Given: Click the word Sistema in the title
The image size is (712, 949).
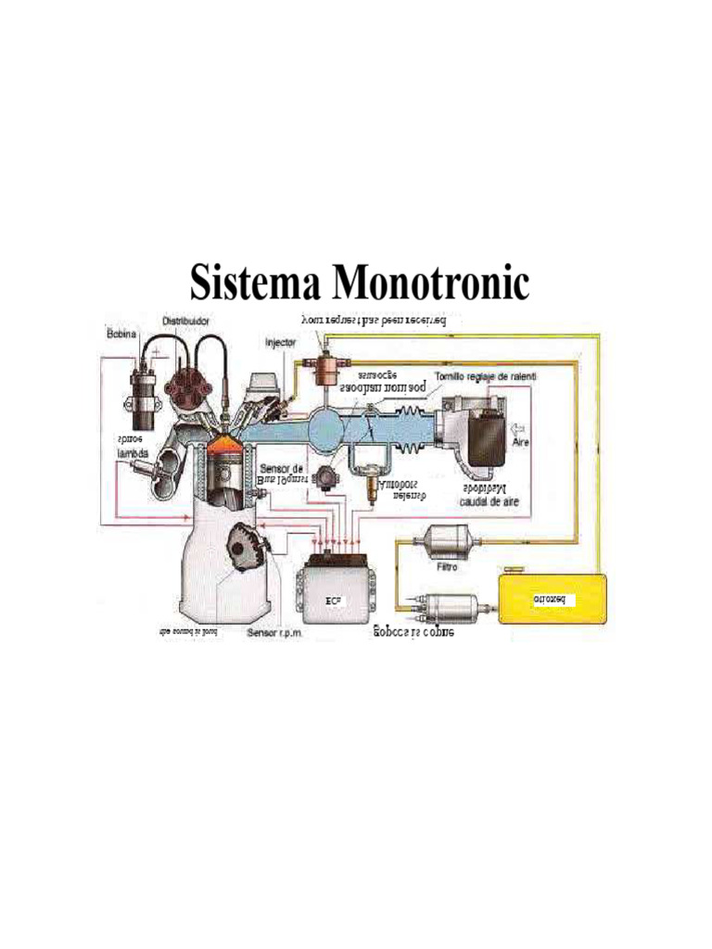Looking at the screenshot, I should [x=253, y=281].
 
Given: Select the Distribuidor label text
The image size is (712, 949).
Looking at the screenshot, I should [x=186, y=320].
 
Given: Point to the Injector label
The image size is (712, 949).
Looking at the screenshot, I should [x=280, y=342].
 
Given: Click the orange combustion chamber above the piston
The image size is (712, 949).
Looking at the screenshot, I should [x=222, y=448].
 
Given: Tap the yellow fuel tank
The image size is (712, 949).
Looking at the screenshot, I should [x=553, y=598].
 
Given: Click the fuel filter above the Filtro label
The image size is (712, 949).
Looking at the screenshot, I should [x=450, y=538].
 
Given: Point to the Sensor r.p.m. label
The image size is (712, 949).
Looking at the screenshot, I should [x=275, y=634].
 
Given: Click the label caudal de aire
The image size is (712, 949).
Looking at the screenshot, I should [x=489, y=501].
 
